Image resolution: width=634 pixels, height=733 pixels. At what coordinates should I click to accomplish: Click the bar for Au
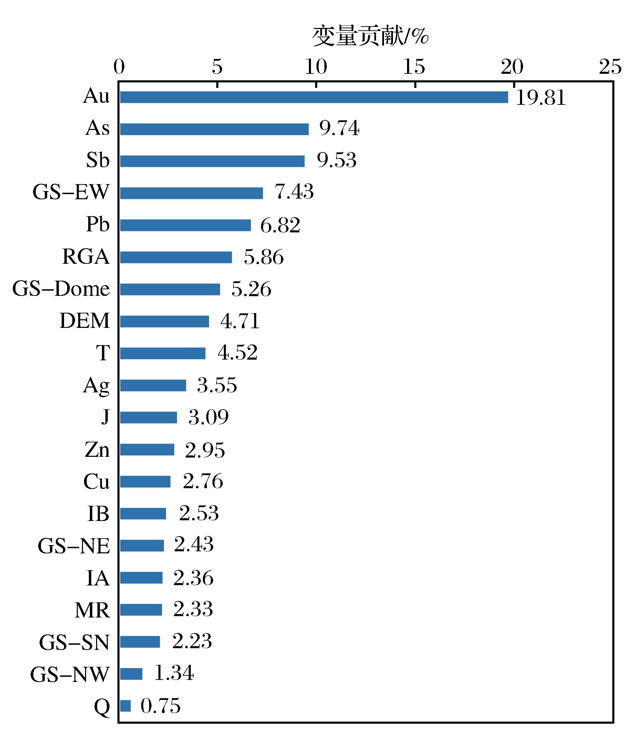pos(314,97)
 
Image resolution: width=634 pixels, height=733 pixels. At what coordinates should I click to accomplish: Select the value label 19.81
pos(541,98)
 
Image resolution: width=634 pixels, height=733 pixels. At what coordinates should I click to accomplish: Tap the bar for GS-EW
pos(191,193)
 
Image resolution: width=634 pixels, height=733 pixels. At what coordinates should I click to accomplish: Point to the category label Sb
pos(98,160)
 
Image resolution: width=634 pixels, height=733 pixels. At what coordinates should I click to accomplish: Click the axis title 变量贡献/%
pos(370,36)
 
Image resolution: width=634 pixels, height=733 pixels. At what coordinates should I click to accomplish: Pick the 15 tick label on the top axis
pos(414,67)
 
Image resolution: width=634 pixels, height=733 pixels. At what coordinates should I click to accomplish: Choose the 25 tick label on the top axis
pos(610,67)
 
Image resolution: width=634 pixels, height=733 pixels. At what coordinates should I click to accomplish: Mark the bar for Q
pos(125,706)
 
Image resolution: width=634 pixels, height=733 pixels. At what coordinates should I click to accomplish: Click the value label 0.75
pos(160,706)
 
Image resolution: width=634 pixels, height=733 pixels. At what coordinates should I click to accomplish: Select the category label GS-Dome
pos(61,289)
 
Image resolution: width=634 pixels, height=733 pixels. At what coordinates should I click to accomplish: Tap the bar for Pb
pos(185,225)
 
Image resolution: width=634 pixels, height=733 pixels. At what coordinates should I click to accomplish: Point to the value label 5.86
pos(263,257)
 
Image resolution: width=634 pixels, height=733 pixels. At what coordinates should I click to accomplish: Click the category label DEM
pos(85,321)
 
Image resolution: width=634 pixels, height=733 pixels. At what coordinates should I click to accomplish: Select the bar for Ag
pos(153,385)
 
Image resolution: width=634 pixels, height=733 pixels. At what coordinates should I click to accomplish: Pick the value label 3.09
pos(208,417)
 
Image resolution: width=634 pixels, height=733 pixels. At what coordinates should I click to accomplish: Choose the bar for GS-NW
pos(131,674)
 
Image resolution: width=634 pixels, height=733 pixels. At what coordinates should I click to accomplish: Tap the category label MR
pos(92,610)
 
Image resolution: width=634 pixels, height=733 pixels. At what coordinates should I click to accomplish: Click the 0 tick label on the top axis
pos(119,67)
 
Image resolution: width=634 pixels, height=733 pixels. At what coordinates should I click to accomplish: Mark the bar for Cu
pos(145,481)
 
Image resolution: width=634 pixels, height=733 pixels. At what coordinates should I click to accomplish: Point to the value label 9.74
pos(339,128)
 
